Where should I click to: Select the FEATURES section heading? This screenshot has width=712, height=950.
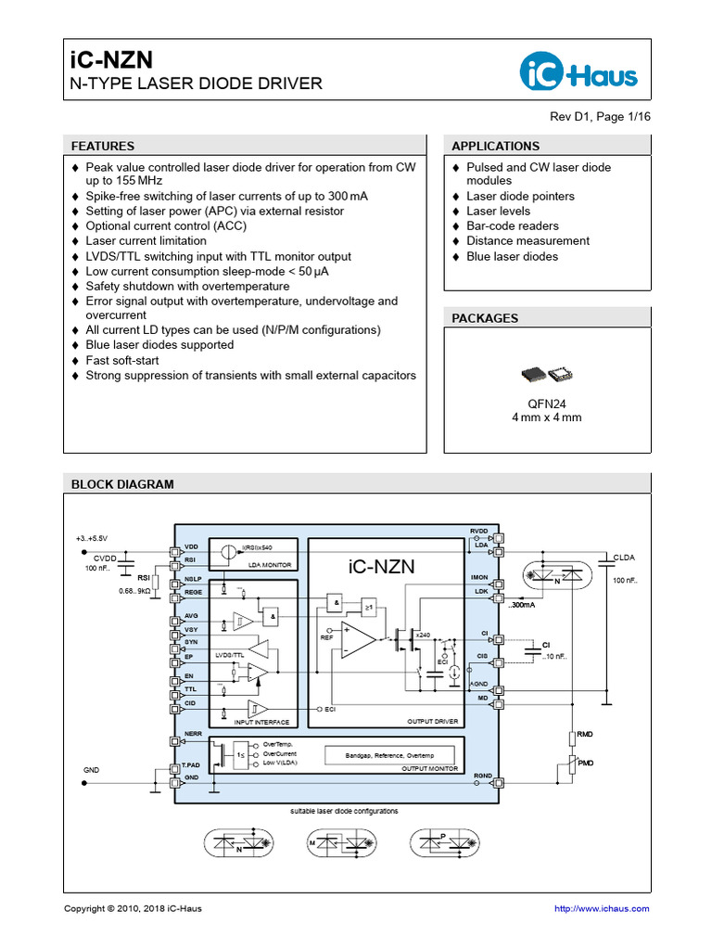[x=103, y=146]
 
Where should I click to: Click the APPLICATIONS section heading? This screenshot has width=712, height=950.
[x=495, y=146]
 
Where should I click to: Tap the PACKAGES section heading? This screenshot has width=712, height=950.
[x=485, y=318]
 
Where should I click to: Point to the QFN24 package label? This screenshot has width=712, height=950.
[x=547, y=404]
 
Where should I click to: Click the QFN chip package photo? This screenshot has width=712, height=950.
[x=547, y=374]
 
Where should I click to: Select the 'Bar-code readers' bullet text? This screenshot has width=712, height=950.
[x=513, y=225]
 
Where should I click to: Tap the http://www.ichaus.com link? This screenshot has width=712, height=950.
[x=602, y=908]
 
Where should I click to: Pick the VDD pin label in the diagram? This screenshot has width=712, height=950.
[x=192, y=547]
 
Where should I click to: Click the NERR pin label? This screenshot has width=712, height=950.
[x=194, y=733]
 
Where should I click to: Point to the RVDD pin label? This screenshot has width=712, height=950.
[x=478, y=531]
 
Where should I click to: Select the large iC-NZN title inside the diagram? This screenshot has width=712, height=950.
[x=382, y=567]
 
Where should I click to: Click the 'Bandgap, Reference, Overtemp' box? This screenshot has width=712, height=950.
[x=388, y=754]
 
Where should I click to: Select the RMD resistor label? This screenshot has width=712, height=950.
[x=585, y=734]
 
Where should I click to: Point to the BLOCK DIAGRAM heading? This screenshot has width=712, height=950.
[x=122, y=484]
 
